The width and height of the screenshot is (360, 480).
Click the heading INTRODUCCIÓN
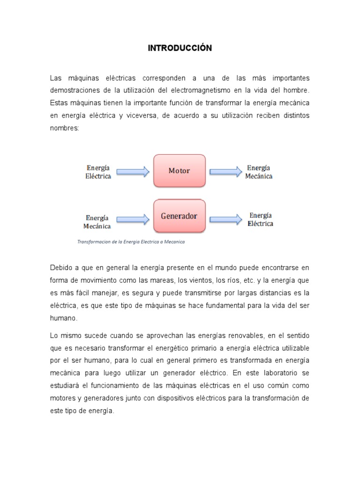[180, 48]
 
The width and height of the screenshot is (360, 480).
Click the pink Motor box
[180, 171]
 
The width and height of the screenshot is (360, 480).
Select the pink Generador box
[180, 216]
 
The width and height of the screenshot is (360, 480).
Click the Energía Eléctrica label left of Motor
[98, 172]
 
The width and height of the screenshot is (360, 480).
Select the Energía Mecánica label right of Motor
[258, 172]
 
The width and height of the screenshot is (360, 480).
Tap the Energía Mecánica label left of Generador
[97, 222]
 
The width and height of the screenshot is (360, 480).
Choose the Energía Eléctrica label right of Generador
[260, 219]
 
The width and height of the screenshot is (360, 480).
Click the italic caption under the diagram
[131, 242]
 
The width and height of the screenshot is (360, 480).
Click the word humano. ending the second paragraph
[64, 318]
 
